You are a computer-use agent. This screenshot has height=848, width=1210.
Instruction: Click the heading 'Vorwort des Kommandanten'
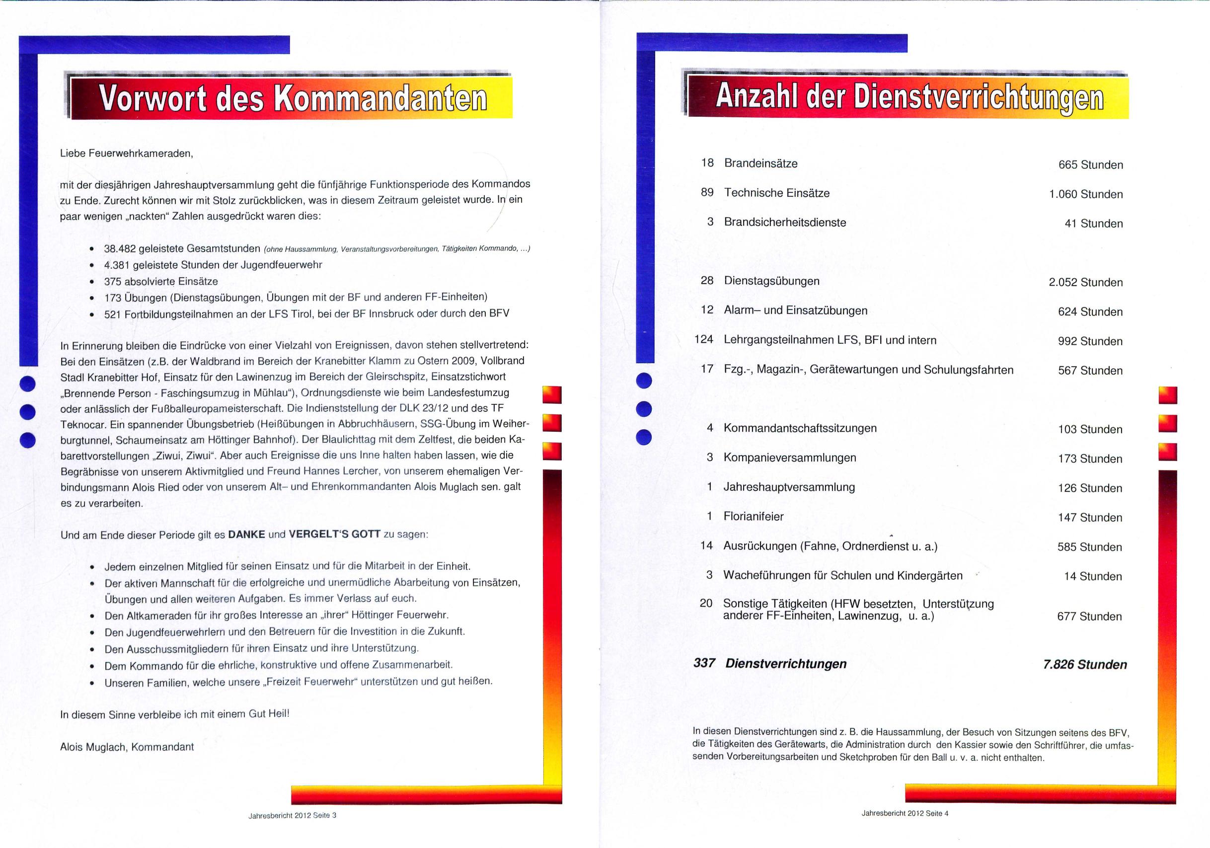point(293,98)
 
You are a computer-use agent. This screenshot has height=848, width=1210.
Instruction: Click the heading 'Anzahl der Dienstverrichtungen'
point(909,97)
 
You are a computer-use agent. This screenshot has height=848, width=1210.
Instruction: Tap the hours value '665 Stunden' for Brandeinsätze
point(1090,165)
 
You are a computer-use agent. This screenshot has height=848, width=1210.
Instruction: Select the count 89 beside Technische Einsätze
point(707,192)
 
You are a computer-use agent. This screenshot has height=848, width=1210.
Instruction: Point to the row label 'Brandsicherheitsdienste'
point(785,223)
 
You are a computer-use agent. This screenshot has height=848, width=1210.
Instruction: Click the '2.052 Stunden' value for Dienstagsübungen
point(1086,283)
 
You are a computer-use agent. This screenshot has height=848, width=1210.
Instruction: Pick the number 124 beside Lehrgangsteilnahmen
point(703,339)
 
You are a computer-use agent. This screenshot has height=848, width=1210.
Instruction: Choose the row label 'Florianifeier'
point(753,517)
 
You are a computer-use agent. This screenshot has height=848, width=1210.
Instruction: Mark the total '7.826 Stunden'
point(1084,665)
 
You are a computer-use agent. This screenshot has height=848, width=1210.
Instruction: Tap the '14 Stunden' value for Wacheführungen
point(1092,577)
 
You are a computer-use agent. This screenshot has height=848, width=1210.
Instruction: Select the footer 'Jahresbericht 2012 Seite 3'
point(293,815)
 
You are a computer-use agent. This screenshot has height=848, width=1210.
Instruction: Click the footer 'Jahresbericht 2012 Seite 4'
point(905,813)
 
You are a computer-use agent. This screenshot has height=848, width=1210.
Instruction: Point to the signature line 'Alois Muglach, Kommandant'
point(127,747)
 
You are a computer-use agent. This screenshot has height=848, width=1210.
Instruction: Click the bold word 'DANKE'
point(246,535)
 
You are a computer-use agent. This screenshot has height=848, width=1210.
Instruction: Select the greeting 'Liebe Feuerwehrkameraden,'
point(127,154)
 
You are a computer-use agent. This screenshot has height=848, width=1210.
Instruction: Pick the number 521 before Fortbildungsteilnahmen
point(113,314)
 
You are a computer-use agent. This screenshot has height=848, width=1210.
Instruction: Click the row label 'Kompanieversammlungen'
point(789,458)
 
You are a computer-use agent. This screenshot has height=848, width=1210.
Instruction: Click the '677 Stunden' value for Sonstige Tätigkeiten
point(1089,617)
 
